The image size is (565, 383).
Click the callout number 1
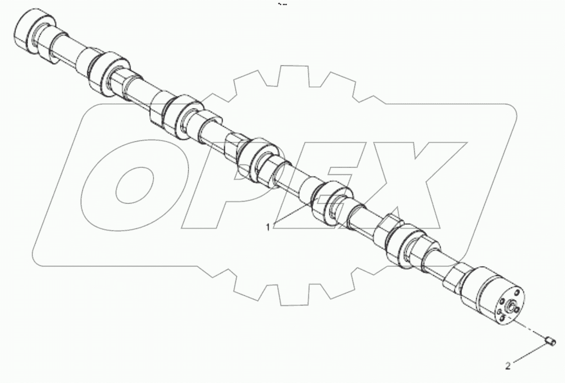point(268,228)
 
